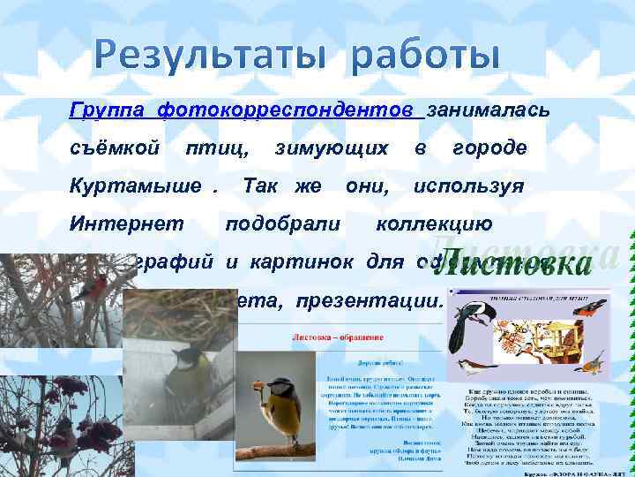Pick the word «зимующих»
pyautogui.click(x=331, y=148)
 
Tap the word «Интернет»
pyautogui.click(x=126, y=224)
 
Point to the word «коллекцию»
pyautogui.click(x=434, y=224)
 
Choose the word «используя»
pyautogui.click(x=468, y=186)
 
